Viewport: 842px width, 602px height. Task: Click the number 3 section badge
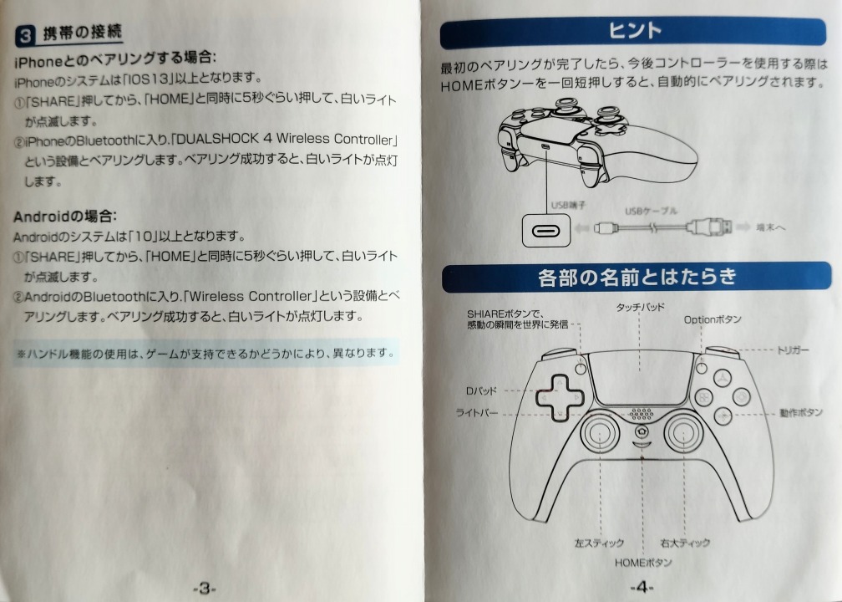point(25,35)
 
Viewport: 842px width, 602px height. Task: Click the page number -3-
point(204,588)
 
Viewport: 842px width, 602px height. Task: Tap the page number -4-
point(642,586)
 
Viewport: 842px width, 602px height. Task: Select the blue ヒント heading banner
point(632,32)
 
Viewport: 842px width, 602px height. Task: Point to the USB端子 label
point(568,205)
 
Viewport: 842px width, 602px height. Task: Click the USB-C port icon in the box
point(545,231)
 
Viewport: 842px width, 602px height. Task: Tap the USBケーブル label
point(651,211)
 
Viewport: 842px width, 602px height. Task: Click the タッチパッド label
point(640,307)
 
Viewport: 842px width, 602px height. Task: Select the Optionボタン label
point(713,319)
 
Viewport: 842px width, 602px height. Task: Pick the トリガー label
point(793,349)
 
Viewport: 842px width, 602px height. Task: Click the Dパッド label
point(481,390)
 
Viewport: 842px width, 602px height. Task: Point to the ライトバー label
point(477,413)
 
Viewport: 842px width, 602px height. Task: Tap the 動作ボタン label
point(800,412)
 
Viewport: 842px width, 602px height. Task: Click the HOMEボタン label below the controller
point(643,562)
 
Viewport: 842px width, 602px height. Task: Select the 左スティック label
point(599,543)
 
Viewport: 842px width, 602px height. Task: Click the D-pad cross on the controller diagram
point(560,398)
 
